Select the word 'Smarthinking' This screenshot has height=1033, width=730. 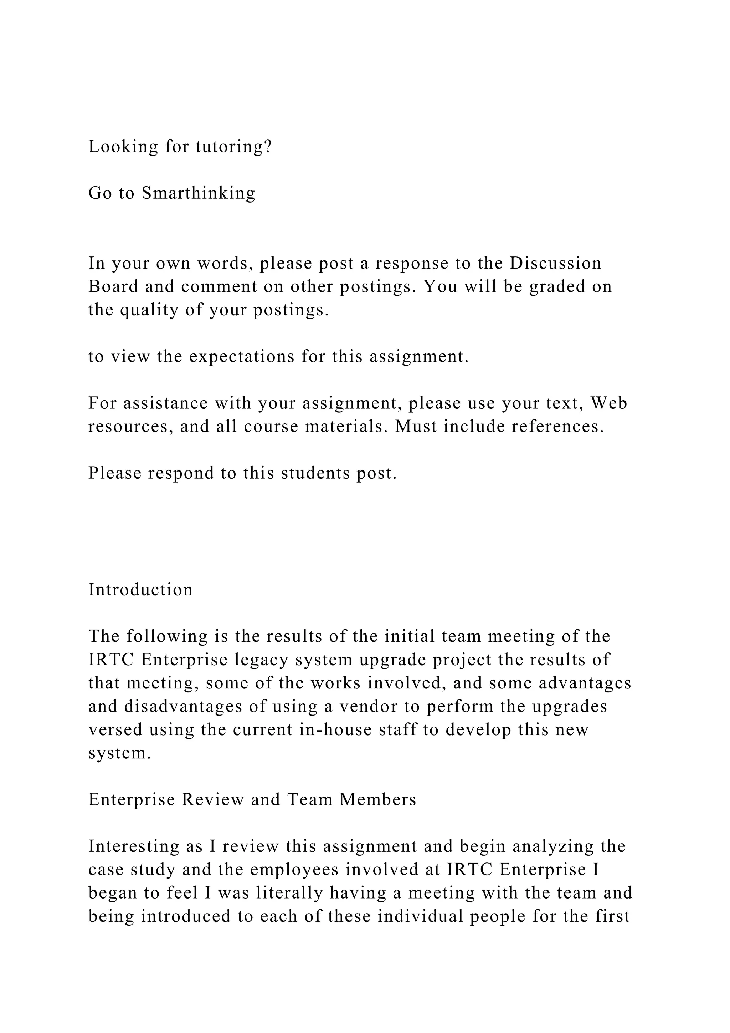(x=198, y=193)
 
